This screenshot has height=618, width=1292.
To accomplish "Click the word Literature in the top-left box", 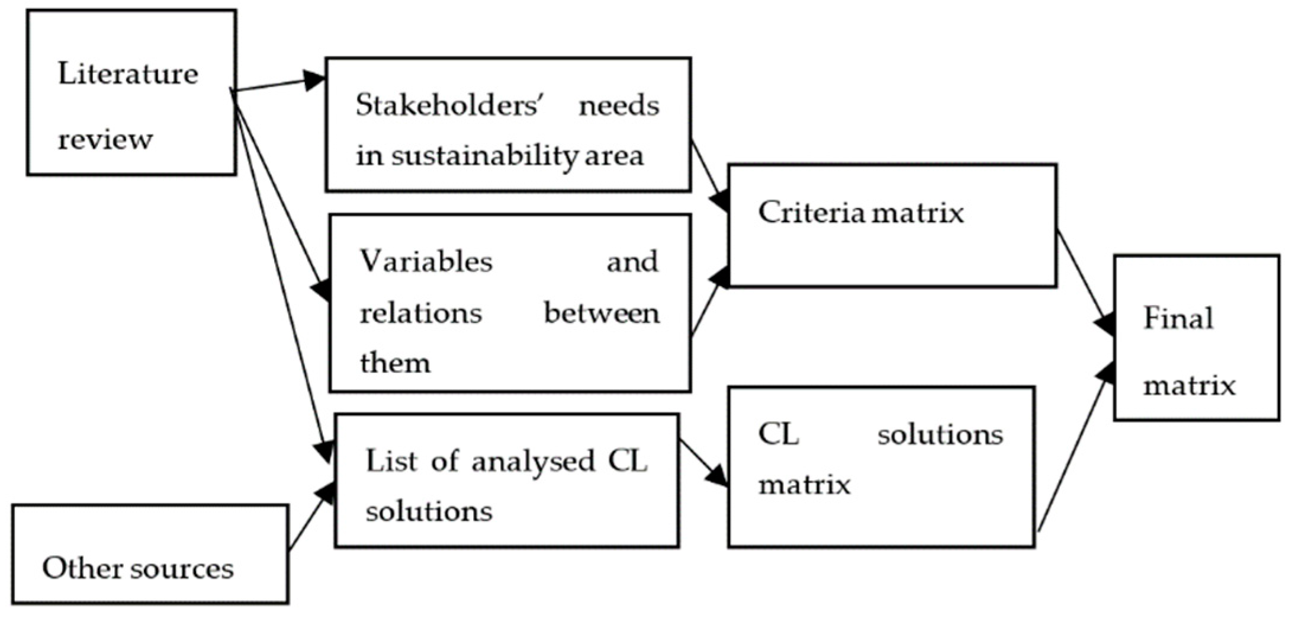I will pyautogui.click(x=128, y=75).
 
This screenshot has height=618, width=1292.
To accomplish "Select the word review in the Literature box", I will pyautogui.click(x=105, y=140).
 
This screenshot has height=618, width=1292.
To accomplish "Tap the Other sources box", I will pyautogui.click(x=138, y=569).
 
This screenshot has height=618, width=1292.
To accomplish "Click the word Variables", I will pyautogui.click(x=426, y=261).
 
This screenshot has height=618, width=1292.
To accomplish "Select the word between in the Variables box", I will pyautogui.click(x=601, y=313).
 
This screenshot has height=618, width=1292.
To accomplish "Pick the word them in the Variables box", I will pyautogui.click(x=395, y=362).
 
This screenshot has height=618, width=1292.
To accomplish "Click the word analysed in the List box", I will pyautogui.click(x=533, y=461).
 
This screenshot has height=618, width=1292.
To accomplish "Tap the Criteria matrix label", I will pyautogui.click(x=861, y=212).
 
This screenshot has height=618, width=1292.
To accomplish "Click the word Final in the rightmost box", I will pyautogui.click(x=1178, y=318).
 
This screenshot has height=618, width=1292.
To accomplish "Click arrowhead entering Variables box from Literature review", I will pyautogui.click(x=321, y=289).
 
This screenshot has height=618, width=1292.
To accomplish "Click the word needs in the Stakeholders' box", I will pyautogui.click(x=619, y=106).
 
